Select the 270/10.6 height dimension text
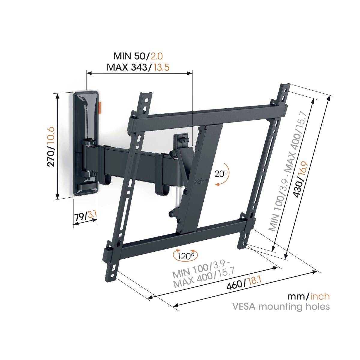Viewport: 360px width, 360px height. coord(51,146)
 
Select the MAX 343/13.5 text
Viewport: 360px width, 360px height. coord(138,67)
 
